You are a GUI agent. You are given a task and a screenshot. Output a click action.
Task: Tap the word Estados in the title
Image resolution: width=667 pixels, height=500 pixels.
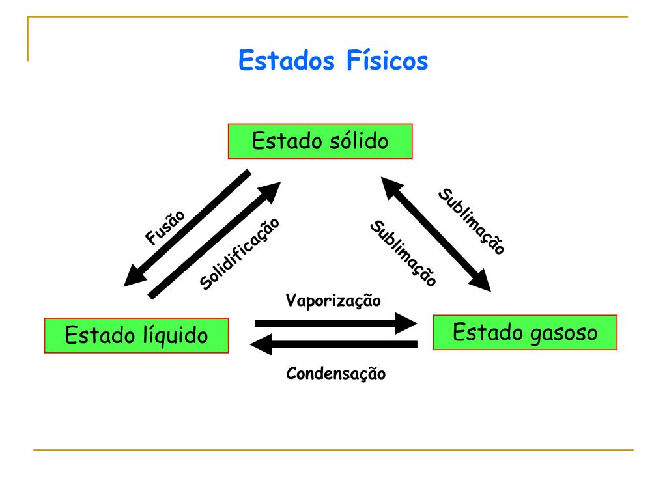click(287, 61)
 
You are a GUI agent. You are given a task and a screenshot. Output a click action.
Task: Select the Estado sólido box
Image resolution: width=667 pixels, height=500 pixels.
click(320, 141)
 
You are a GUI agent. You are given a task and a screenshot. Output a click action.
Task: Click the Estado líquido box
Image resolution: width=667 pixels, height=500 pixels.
click(136, 335)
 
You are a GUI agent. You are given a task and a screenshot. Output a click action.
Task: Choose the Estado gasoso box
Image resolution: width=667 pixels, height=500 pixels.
click(524, 333)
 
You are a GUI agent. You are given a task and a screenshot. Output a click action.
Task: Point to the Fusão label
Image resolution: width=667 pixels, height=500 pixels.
click(165, 227)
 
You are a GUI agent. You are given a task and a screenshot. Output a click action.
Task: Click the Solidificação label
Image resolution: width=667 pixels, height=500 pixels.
click(240, 253)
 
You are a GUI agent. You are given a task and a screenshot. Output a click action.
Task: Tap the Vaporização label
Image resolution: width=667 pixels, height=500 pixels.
click(333, 301)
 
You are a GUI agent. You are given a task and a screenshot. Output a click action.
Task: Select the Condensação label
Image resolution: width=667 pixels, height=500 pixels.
click(335, 374)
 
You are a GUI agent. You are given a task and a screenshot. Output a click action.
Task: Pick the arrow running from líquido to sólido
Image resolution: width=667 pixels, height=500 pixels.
click(214, 241)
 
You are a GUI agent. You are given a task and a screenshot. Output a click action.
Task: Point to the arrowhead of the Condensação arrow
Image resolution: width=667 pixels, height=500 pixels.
click(262, 344)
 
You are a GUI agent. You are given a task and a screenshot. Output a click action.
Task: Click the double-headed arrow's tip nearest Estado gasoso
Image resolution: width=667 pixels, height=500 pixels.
click(483, 283)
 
